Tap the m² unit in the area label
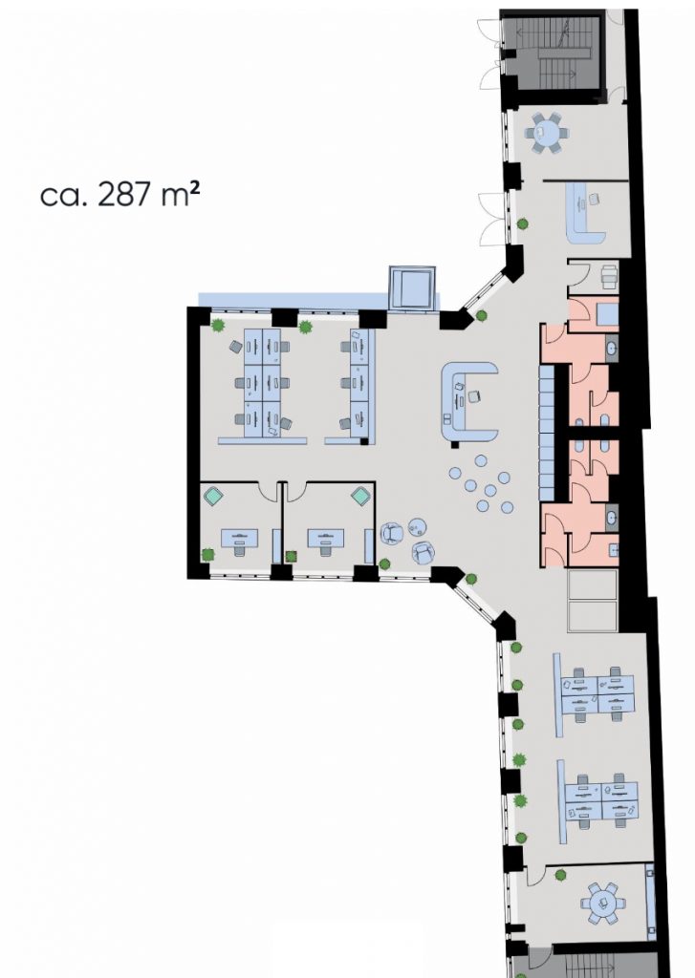(x=181, y=195)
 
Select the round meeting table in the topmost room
(x=547, y=132)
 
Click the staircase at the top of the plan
(x=555, y=53)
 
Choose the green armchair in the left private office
(x=214, y=497)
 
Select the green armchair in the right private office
(x=361, y=497)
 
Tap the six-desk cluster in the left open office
(x=262, y=383)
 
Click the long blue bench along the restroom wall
(x=547, y=433)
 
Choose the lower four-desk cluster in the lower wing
(x=601, y=801)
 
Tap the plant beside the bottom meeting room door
(x=561, y=875)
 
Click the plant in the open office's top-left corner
(x=218, y=325)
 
